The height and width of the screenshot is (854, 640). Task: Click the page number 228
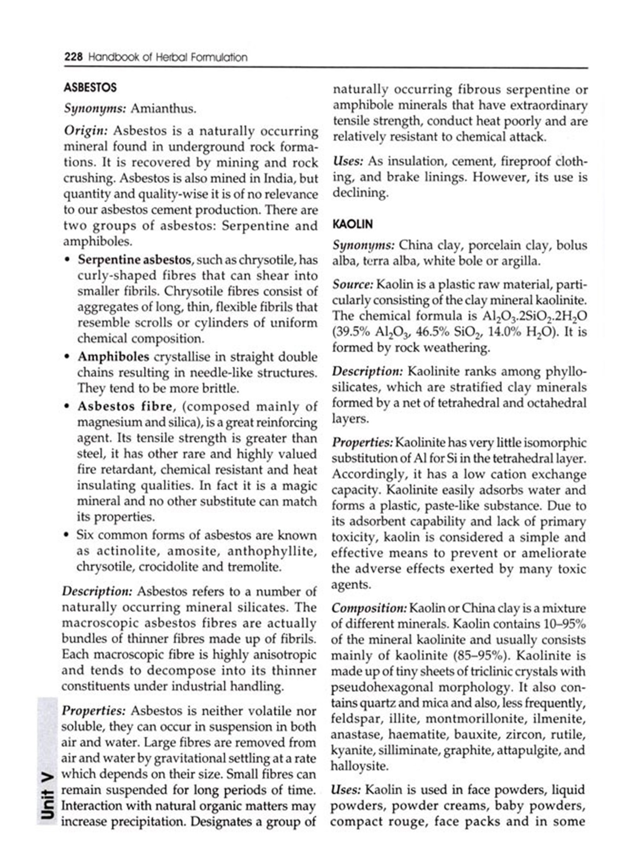(73, 57)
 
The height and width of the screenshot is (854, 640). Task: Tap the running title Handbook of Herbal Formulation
(167, 57)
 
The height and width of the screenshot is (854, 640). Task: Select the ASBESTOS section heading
(90, 88)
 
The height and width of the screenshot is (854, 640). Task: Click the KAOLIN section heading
(352, 224)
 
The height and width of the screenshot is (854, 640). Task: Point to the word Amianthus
(163, 109)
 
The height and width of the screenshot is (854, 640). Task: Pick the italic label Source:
(353, 284)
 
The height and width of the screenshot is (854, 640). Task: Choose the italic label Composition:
(369, 608)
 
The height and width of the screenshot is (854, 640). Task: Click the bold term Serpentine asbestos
(134, 260)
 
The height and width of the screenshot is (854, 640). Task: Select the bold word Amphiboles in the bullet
(113, 357)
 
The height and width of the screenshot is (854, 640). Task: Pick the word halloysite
(359, 766)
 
